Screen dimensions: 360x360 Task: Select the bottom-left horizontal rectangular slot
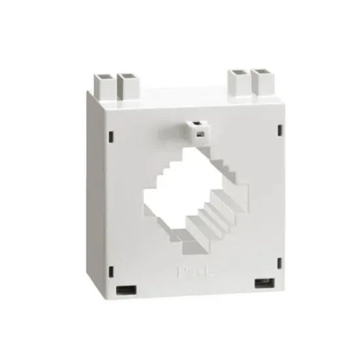(x=126, y=291)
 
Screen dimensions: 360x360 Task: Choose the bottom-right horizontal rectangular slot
(x=262, y=282)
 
